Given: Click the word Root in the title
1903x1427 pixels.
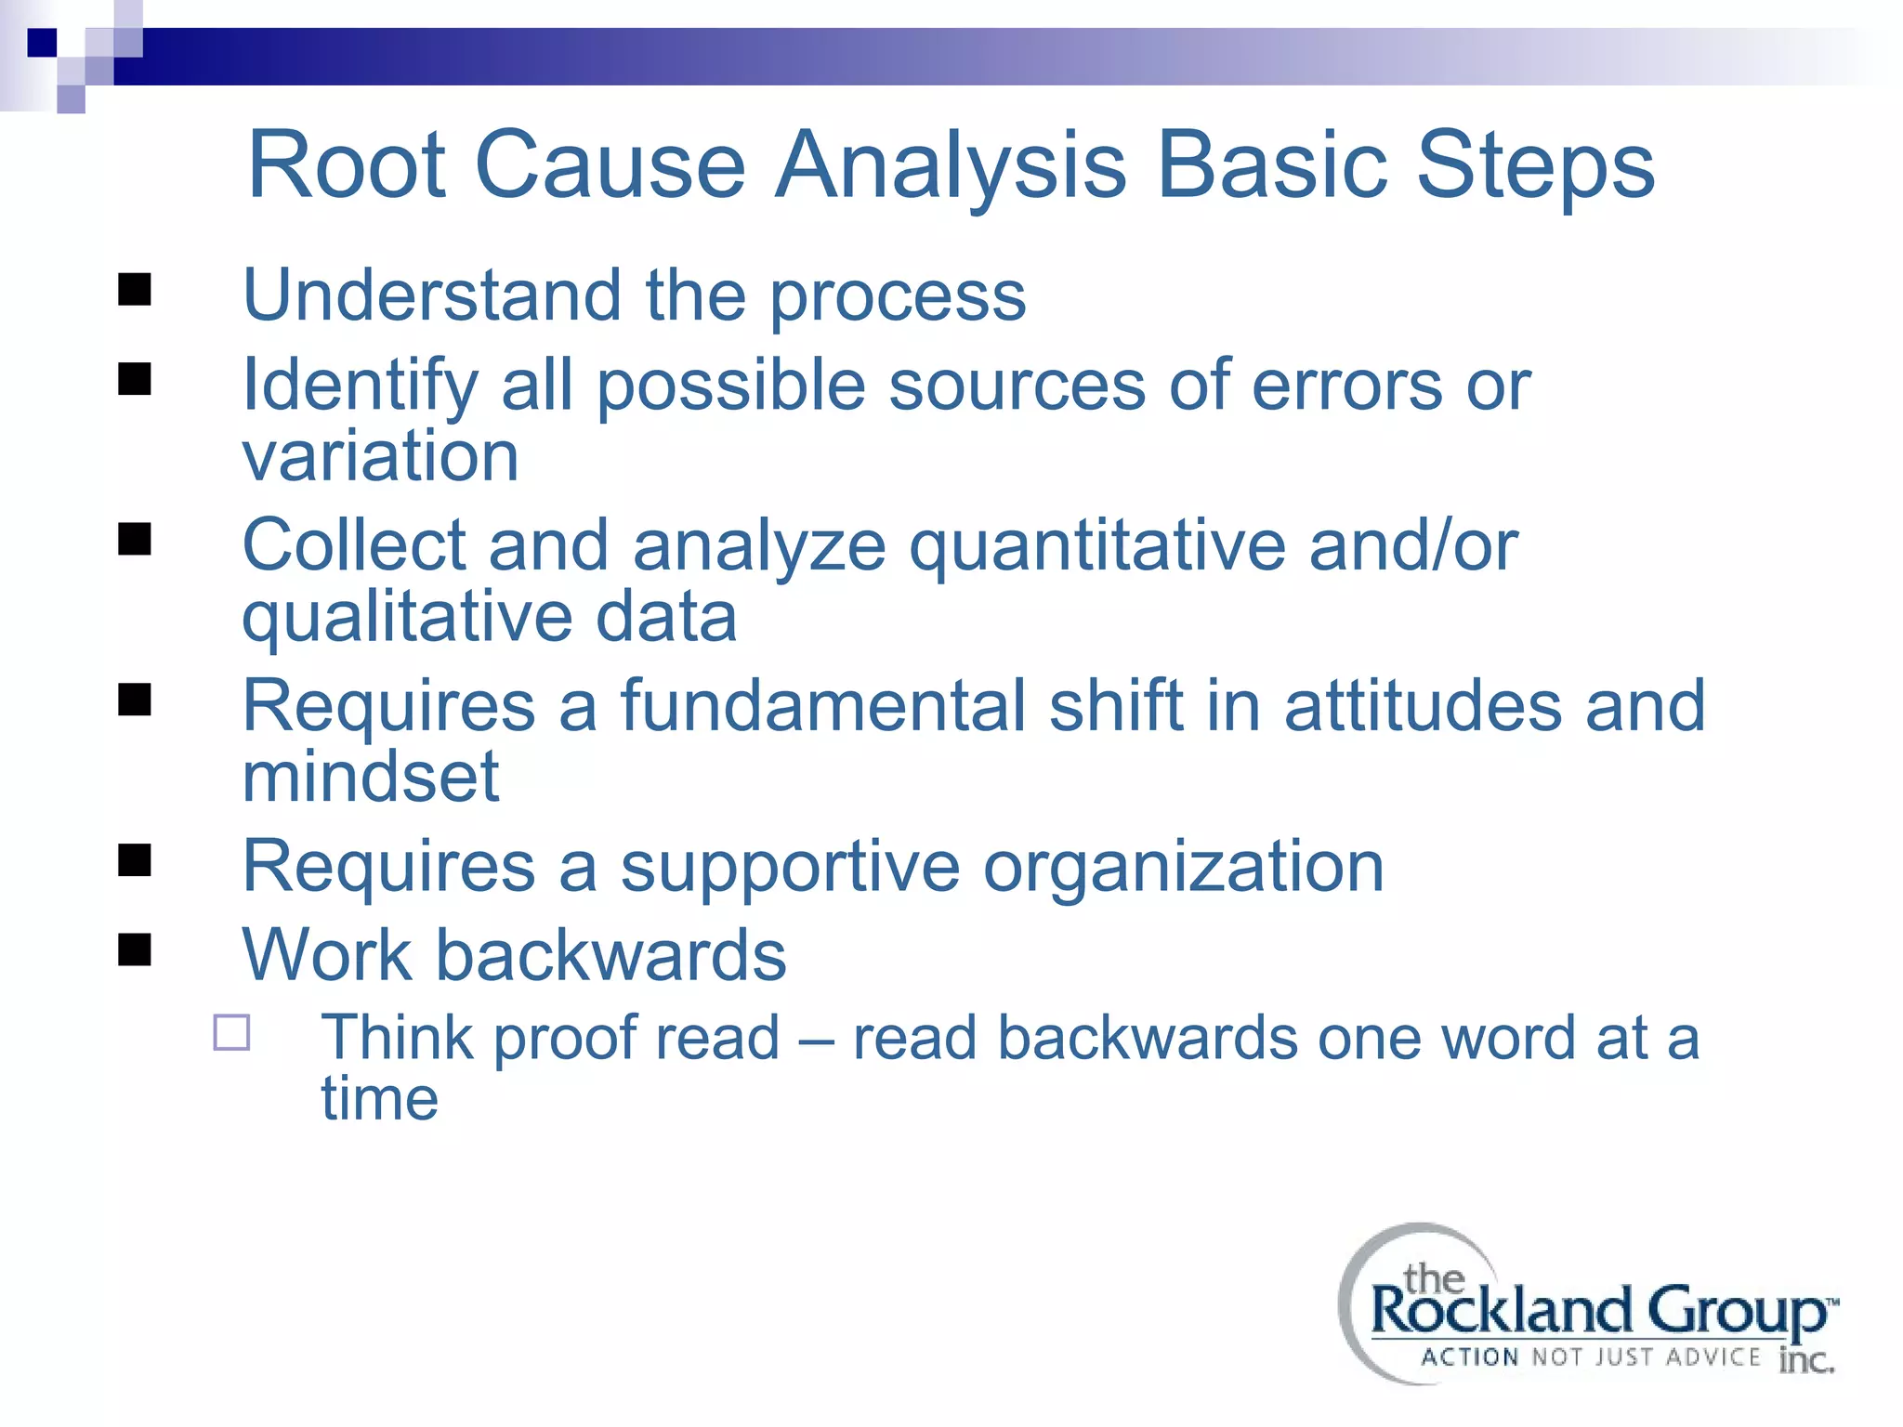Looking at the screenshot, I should point(347,165).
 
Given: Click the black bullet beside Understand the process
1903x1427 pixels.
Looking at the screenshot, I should point(135,290).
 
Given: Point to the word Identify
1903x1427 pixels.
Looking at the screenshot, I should point(360,386).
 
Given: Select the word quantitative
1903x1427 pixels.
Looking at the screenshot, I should point(1096,546).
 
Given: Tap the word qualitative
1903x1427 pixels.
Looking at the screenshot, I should point(406,617).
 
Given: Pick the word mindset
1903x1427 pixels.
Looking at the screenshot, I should point(370,777).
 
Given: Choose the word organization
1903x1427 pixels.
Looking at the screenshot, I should point(1183,866).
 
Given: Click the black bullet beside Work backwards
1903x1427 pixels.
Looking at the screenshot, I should point(135,949).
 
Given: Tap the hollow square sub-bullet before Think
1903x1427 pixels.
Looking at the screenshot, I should point(231,1032).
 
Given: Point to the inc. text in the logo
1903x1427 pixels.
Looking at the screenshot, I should point(1805,1360).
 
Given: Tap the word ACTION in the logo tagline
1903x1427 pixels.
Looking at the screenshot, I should point(1469,1357).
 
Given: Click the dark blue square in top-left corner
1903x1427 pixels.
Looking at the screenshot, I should point(42,43).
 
